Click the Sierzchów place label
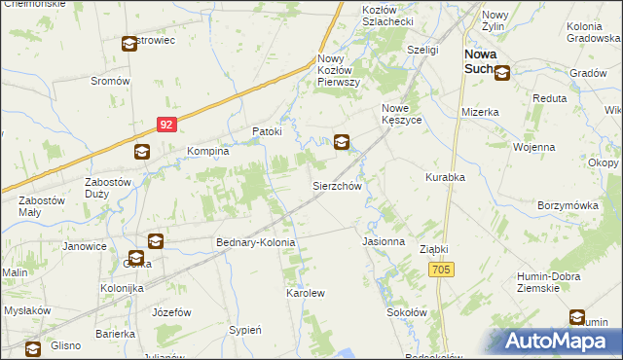coord(337,185)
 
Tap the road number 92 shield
coord(167,125)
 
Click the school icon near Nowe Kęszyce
coord(342,142)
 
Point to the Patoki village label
coord(267,131)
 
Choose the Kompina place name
coord(207,152)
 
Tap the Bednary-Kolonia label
coord(255,240)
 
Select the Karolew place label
coord(305,292)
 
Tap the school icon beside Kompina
coord(142,152)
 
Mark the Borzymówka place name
coord(567,206)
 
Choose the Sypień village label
coord(244,330)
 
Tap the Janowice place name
coord(85,246)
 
